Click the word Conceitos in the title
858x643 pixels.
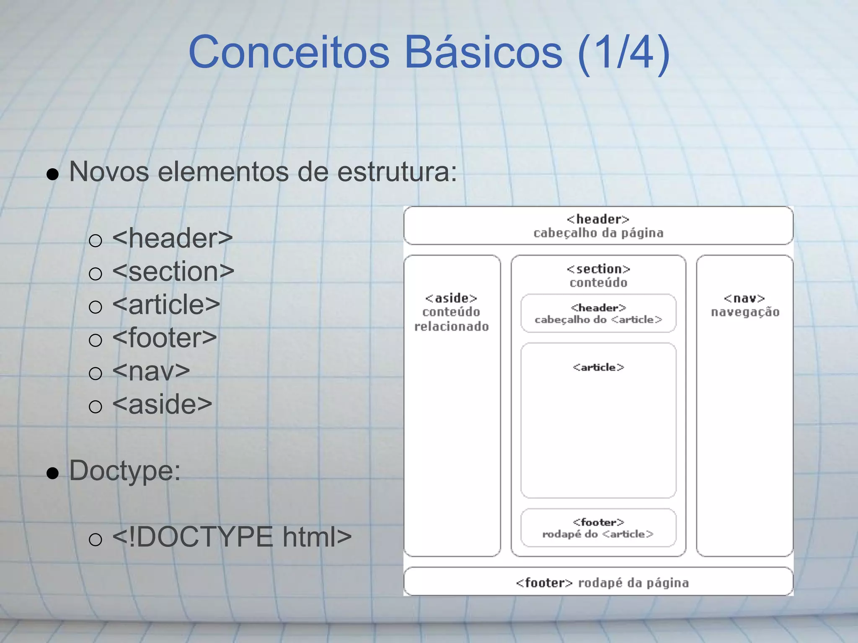(289, 53)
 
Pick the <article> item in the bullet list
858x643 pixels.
(166, 305)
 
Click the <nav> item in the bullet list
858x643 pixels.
(151, 371)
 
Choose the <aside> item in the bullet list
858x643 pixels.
(162, 404)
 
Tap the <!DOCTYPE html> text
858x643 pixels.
(232, 537)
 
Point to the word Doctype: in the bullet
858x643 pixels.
(125, 471)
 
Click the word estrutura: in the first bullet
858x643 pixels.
(397, 172)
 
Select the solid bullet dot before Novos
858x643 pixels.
(53, 174)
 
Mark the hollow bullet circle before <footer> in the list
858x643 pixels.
(96, 340)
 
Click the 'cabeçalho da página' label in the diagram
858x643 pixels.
(598, 233)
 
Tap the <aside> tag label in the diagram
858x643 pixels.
(451, 298)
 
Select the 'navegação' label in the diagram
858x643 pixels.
(745, 312)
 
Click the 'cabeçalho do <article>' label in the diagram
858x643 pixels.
(598, 320)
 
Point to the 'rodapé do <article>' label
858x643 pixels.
(598, 534)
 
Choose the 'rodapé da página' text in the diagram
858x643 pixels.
(633, 583)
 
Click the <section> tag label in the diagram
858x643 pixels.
(598, 269)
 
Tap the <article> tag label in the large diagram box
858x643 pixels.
(598, 368)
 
